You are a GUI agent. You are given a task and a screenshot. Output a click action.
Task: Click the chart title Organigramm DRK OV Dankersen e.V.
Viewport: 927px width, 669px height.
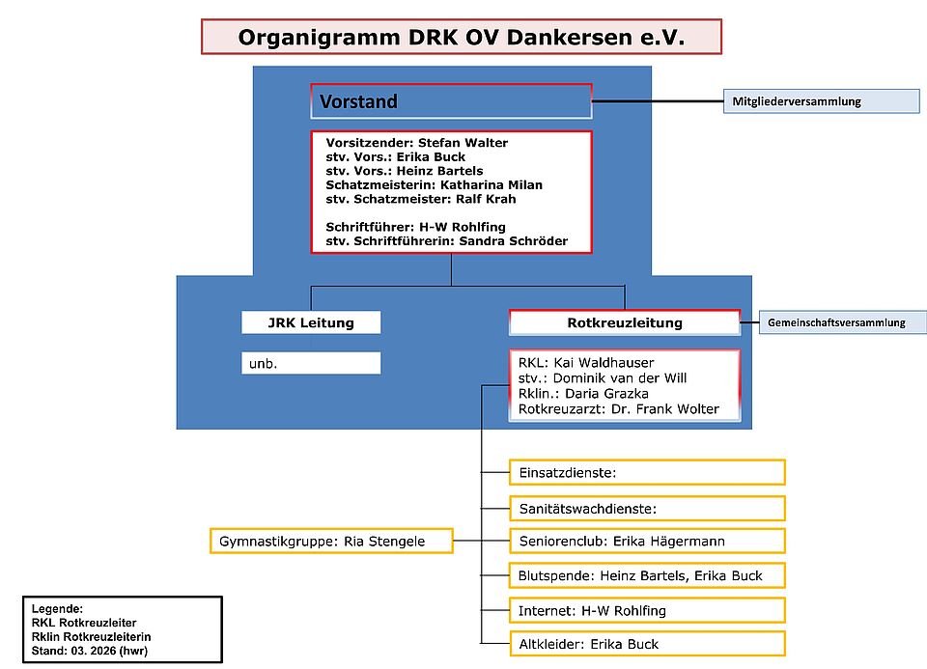(x=461, y=38)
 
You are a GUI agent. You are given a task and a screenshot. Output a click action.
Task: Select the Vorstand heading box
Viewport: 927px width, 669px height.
(x=451, y=100)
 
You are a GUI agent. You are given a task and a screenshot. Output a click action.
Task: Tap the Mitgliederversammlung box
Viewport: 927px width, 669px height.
(x=821, y=101)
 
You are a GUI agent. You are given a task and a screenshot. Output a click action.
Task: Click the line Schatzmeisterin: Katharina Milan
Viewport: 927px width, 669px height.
(x=434, y=184)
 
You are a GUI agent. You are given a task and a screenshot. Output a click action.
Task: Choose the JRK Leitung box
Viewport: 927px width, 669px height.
(x=311, y=322)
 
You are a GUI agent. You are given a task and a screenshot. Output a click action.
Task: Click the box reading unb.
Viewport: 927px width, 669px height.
(x=311, y=363)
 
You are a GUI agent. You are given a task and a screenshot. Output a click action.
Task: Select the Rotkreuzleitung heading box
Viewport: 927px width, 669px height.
(x=624, y=322)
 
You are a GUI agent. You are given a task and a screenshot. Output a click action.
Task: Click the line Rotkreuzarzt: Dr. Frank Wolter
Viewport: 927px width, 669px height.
(x=618, y=408)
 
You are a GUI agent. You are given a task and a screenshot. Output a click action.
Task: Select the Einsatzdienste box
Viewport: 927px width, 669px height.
(x=646, y=472)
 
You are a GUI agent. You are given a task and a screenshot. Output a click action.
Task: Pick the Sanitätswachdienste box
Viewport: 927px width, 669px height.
(x=646, y=507)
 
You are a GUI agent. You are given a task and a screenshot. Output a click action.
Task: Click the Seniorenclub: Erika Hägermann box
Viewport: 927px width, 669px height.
(x=646, y=542)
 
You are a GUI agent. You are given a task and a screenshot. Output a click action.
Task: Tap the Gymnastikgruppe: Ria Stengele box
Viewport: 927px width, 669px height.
(x=331, y=542)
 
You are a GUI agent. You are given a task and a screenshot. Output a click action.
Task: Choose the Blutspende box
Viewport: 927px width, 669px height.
(x=646, y=575)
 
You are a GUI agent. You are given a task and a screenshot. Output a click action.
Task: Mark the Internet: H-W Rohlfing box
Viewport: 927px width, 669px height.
(x=646, y=610)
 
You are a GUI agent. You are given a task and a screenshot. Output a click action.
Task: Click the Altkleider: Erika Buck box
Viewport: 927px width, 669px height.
(x=646, y=644)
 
